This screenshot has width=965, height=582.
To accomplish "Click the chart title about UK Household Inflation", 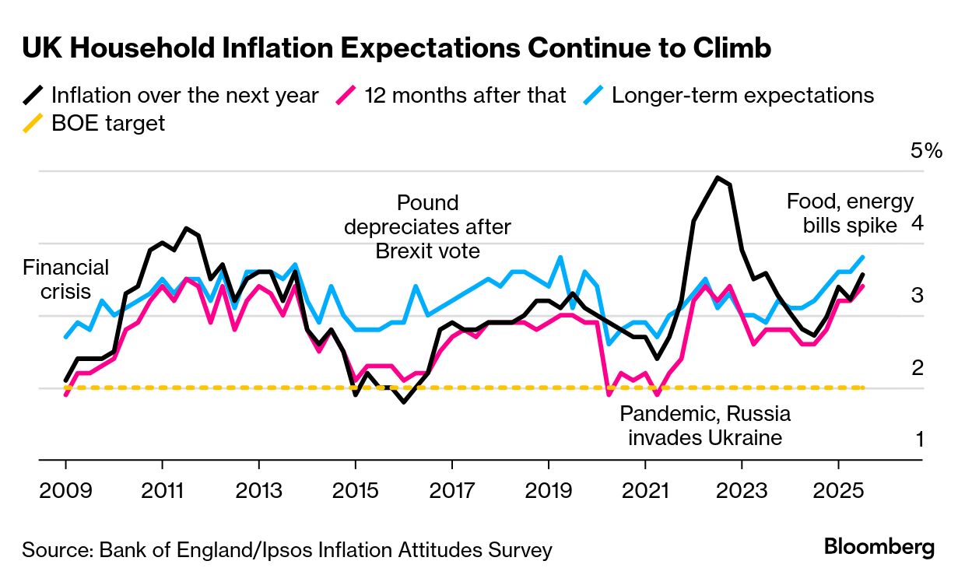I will (396, 49).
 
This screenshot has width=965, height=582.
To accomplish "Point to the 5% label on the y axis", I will (926, 151).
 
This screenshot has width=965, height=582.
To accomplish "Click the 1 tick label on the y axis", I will (919, 440).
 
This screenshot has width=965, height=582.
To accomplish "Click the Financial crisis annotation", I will (65, 279).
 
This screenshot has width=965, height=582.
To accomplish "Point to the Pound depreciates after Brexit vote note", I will (427, 227).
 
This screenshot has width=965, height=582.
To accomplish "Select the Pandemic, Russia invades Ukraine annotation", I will (704, 425).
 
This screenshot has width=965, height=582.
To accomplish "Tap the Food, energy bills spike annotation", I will (850, 213).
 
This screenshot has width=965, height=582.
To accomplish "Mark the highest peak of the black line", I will (717, 177).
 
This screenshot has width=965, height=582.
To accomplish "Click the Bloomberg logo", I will (879, 547).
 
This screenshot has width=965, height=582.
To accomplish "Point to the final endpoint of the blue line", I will (862, 257).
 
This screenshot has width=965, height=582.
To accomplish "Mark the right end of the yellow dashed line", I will (862, 387).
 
